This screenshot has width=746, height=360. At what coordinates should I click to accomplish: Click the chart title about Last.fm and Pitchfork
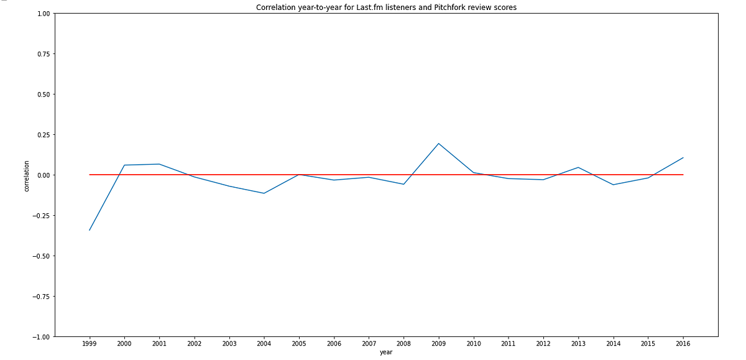(386, 7)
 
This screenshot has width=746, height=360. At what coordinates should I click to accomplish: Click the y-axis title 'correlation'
(27, 176)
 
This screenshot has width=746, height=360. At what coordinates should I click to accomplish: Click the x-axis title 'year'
(386, 353)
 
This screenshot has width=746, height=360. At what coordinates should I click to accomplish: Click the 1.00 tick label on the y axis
(44, 14)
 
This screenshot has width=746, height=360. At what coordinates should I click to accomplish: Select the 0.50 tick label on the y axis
(44, 95)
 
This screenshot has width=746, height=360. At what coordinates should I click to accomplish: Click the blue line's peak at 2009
(439, 144)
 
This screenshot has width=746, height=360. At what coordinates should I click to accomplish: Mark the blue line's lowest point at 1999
(90, 230)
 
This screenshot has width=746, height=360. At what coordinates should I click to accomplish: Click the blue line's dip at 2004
(264, 193)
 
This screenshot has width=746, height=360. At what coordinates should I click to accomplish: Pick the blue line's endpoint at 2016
(683, 158)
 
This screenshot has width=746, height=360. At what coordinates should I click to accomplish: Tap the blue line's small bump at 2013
(578, 167)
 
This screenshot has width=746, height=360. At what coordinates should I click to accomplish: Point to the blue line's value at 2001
(160, 164)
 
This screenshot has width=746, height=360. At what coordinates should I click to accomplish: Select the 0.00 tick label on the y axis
(44, 175)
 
